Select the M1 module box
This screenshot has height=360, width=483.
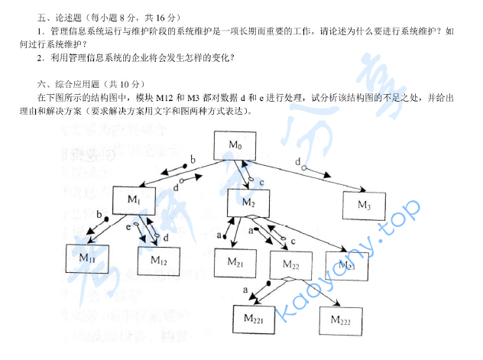coord(134,199)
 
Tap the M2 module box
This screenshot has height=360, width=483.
coord(248,203)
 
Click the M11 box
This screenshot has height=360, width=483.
coord(87,258)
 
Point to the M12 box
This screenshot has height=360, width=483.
coord(159,260)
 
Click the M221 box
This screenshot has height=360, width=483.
coord(254,319)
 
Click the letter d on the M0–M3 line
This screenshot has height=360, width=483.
coord(297,161)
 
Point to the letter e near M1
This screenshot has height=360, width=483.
coord(128,227)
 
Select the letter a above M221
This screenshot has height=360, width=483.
coord(245,290)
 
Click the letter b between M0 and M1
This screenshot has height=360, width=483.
coord(193,158)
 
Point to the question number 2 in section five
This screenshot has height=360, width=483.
coord(39,57)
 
